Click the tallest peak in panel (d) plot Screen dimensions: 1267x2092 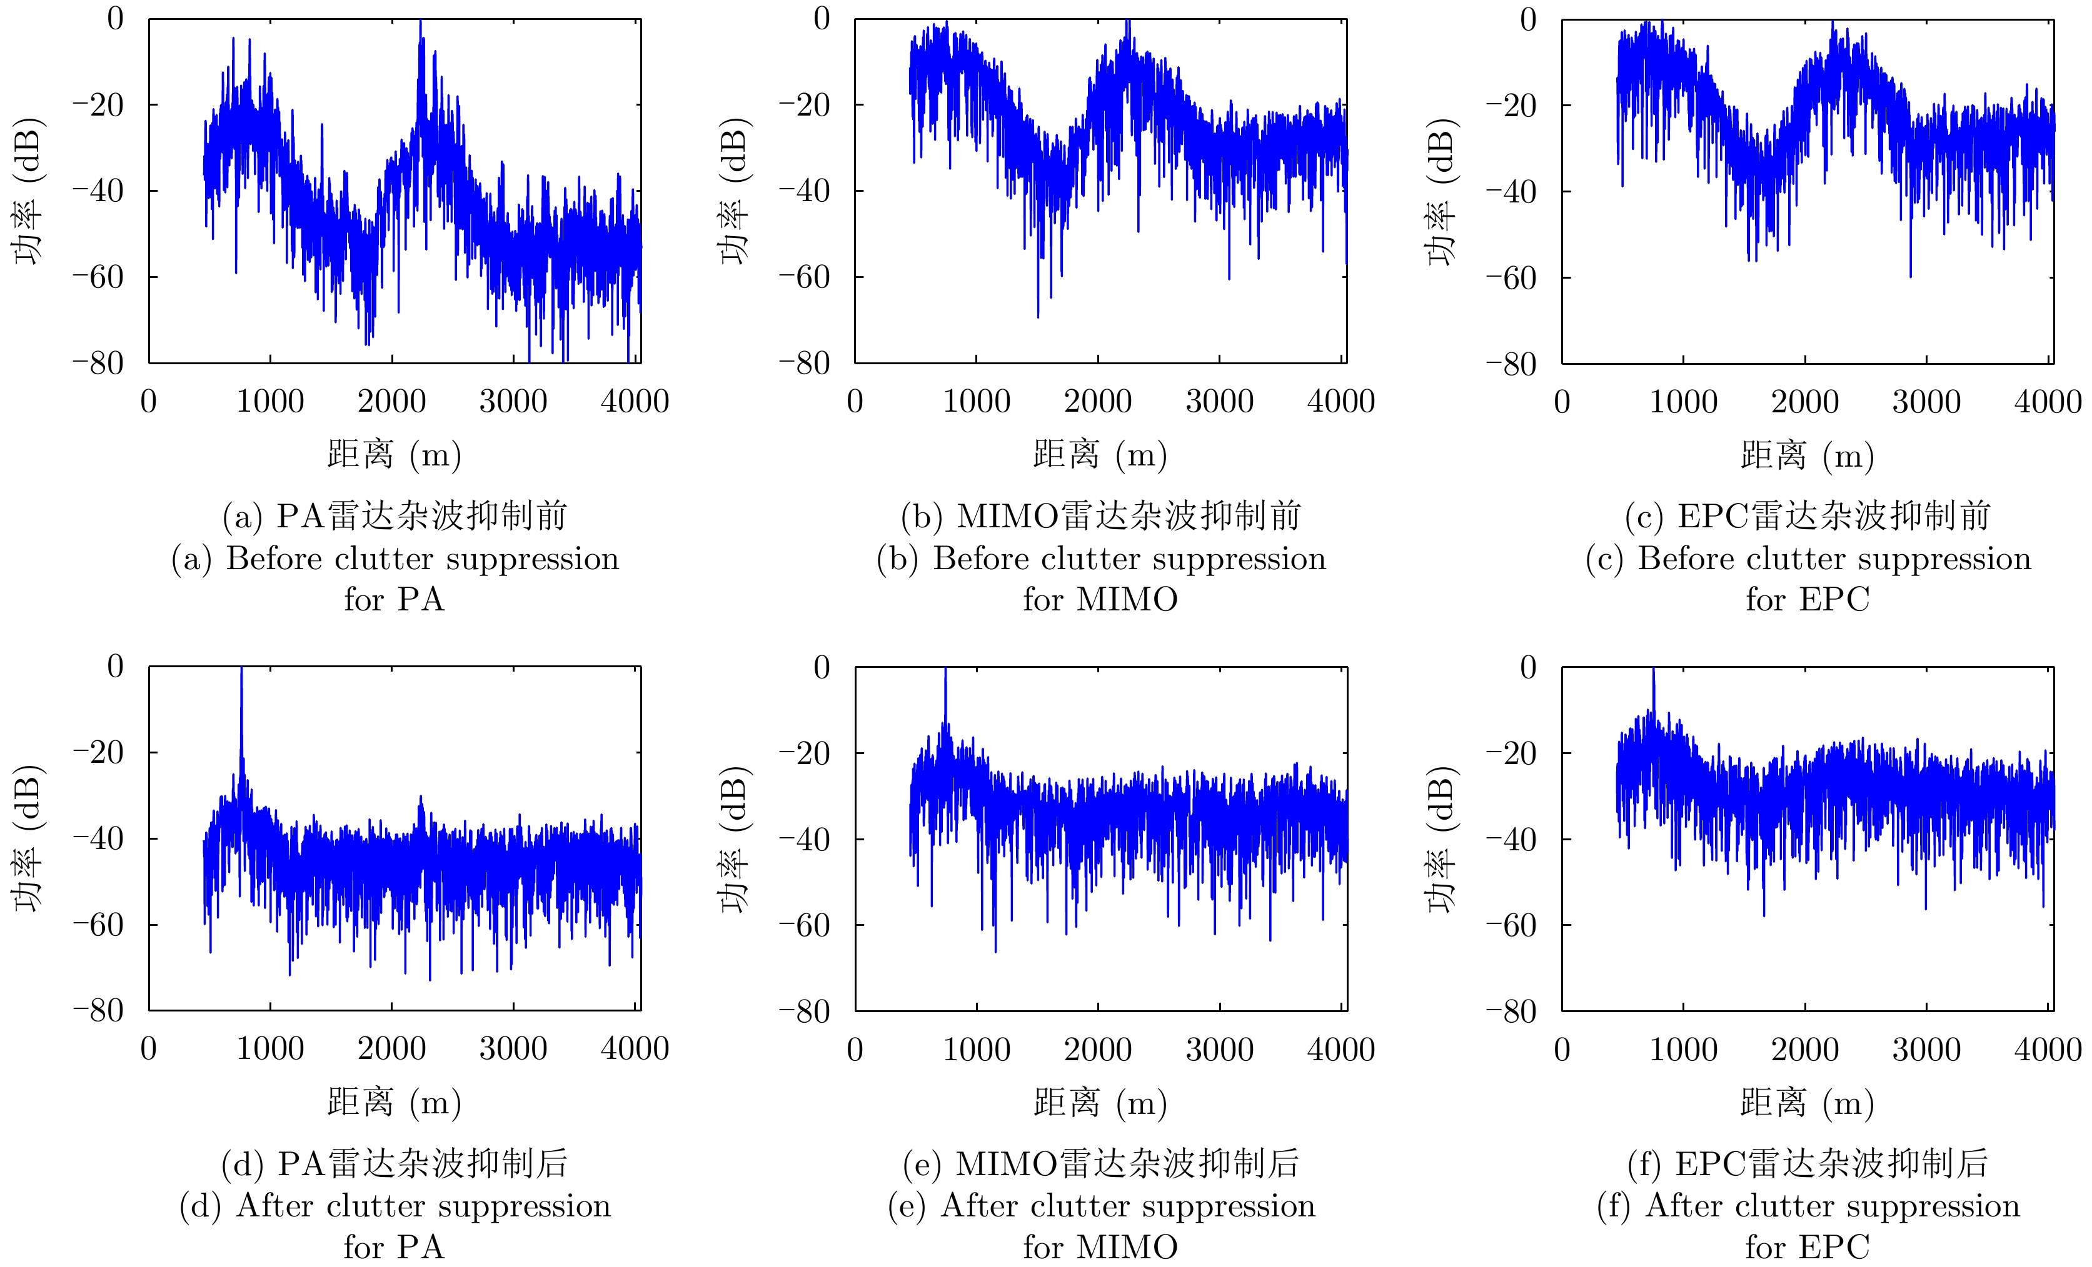(x=241, y=670)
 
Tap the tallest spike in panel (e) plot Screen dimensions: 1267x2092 (x=945, y=671)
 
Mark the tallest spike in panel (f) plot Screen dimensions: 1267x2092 (x=1653, y=671)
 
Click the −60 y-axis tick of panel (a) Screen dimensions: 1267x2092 (x=98, y=277)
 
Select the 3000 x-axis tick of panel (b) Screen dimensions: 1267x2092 (x=1219, y=400)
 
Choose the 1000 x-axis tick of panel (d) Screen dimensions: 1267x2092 (x=270, y=1049)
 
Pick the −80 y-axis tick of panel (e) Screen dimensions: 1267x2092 (x=804, y=1011)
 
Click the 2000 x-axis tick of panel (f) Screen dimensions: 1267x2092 (x=1805, y=1050)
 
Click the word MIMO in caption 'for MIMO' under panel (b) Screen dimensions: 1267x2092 (x=1127, y=600)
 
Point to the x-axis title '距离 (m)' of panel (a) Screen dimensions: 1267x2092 (x=394, y=455)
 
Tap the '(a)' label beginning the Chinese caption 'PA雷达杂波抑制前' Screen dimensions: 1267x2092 (x=241, y=516)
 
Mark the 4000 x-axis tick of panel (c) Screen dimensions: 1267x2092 (x=2047, y=401)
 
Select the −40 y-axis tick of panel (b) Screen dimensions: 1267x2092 (x=804, y=191)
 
